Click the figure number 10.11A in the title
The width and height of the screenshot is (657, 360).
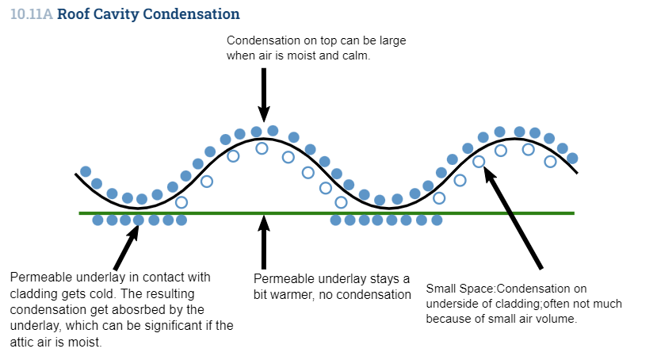pyautogui.click(x=32, y=13)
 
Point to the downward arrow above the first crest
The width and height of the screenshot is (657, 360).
pyautogui.click(x=264, y=95)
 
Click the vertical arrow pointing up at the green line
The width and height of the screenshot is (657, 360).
pyautogui.click(x=264, y=242)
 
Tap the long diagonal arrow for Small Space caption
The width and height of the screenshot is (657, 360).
pyautogui.click(x=514, y=217)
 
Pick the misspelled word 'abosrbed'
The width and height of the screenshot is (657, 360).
pyautogui.click(x=140, y=310)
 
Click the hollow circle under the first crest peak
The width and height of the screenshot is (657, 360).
pyautogui.click(x=262, y=148)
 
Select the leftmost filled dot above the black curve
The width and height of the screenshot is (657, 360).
pyautogui.click(x=86, y=171)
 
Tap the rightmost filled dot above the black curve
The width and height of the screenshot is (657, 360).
pyautogui.click(x=572, y=159)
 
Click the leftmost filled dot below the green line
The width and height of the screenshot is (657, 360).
pyautogui.click(x=97, y=220)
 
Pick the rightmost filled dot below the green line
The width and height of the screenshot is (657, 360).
pyautogui.click(x=437, y=220)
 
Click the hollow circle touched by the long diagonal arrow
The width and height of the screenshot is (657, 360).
pyautogui.click(x=479, y=161)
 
